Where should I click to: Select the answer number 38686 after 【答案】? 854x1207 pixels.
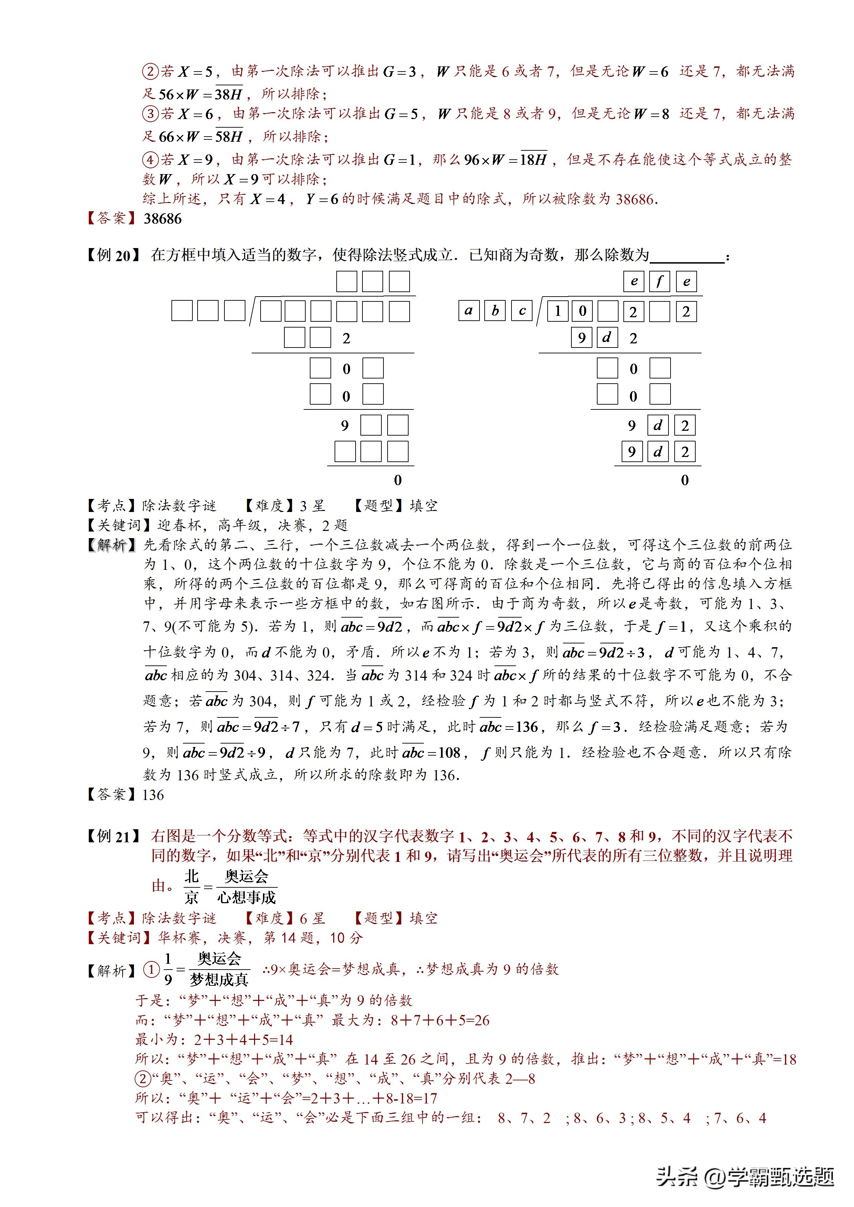162,219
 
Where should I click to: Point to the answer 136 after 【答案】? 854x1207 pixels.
153,795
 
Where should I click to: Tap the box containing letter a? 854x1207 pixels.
468,311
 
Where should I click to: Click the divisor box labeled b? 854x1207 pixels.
495,311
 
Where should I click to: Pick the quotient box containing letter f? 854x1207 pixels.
660,282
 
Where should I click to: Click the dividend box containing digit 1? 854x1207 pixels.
557,312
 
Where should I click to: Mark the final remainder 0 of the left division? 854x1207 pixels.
398,480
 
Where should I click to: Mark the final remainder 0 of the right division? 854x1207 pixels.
685,480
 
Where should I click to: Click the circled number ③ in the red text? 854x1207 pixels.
150,114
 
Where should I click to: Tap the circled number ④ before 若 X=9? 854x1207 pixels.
150,159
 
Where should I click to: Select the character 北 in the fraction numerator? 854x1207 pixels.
191,876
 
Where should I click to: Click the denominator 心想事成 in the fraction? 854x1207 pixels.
246,897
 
